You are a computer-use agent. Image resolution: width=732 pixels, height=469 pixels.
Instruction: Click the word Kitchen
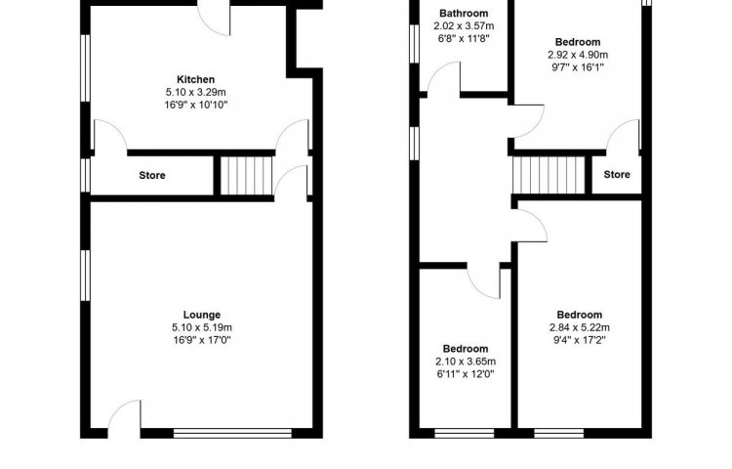(x=195, y=79)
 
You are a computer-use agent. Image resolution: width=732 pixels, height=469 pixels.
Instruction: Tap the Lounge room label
(x=202, y=315)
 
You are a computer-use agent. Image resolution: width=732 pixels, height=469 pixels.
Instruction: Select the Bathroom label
(x=464, y=13)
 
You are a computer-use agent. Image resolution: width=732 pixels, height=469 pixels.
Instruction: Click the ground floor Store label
(x=152, y=175)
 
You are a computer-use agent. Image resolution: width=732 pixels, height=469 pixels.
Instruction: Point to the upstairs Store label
(x=617, y=174)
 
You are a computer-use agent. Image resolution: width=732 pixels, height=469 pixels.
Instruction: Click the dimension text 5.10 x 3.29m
(x=195, y=92)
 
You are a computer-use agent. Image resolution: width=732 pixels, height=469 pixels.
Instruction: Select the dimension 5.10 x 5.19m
(x=202, y=327)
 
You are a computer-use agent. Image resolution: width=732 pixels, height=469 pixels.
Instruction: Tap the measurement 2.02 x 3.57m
(x=464, y=25)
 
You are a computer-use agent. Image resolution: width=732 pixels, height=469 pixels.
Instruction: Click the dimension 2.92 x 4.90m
(x=578, y=55)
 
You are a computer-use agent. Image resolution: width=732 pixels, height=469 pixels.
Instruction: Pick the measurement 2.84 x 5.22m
(x=580, y=327)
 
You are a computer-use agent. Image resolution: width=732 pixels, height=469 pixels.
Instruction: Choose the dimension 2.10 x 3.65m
(x=466, y=362)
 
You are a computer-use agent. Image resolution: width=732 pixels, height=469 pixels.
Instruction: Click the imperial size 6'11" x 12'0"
(x=466, y=373)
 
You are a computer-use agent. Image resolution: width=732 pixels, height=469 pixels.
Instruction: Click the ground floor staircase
(x=246, y=175)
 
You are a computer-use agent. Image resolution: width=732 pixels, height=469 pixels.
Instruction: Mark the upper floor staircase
(x=549, y=175)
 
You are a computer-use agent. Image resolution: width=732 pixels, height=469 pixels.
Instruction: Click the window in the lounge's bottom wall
(x=232, y=434)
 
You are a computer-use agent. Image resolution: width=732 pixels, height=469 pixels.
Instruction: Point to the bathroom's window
(x=414, y=43)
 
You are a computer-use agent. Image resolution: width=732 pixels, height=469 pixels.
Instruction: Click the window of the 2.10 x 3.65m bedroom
(x=464, y=434)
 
